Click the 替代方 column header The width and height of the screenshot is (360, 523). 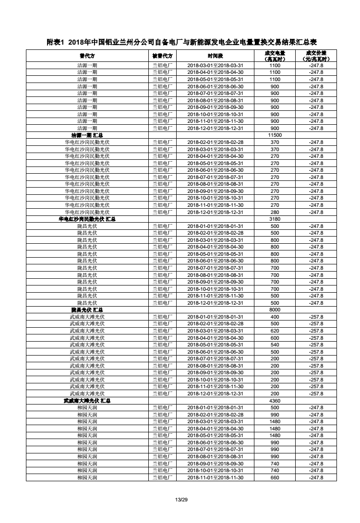[x=87, y=56]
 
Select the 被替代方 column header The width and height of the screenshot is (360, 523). [x=162, y=56]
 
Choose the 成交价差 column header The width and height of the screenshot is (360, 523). [x=316, y=56]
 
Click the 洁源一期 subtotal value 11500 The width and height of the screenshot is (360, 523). [x=275, y=135]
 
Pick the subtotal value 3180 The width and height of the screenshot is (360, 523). [x=275, y=219]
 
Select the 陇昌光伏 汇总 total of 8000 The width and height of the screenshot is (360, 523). [x=275, y=310]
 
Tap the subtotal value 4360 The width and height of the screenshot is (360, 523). [x=275, y=401]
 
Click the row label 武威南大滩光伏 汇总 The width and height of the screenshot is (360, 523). [x=87, y=401]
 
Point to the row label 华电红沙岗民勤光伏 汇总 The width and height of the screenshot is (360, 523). [x=87, y=219]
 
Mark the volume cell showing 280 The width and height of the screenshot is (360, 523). [x=275, y=212]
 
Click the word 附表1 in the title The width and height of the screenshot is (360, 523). [x=56, y=42]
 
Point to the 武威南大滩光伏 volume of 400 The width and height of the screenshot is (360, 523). [x=275, y=317]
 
